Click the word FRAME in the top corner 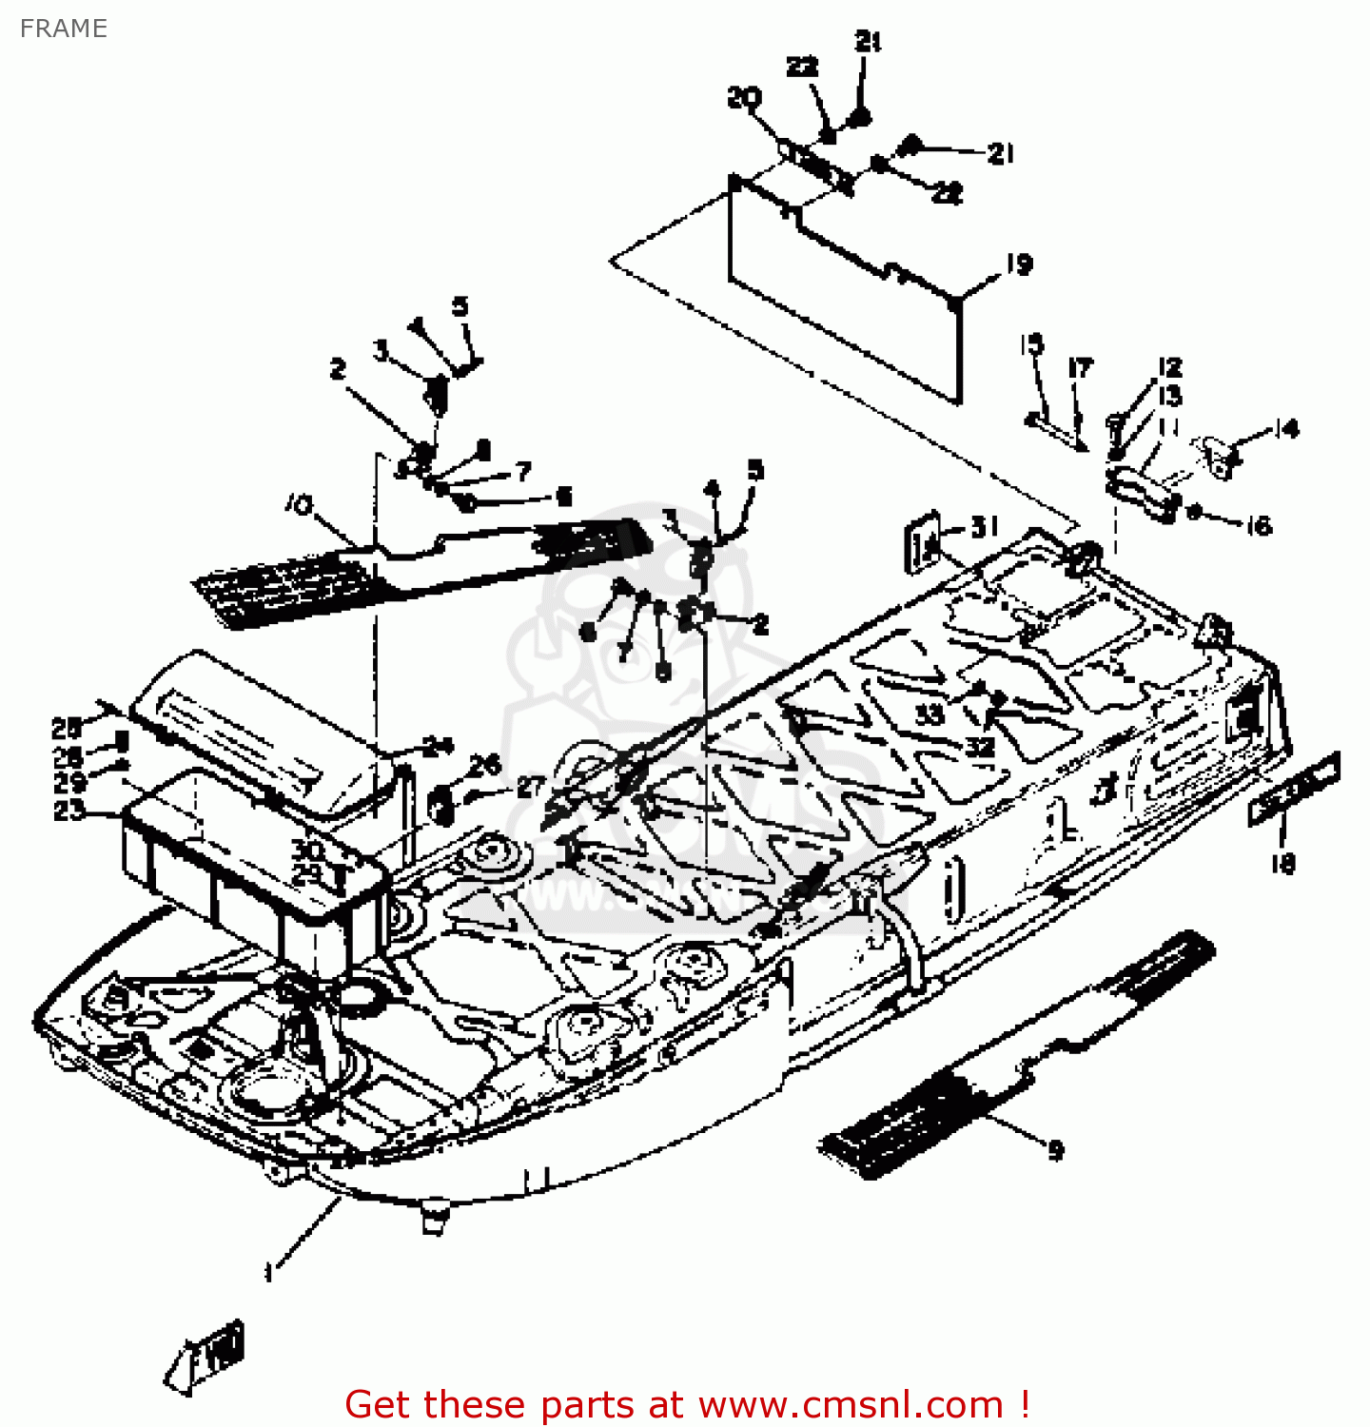(x=64, y=29)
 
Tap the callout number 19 (x=1019, y=264)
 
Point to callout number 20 (x=744, y=97)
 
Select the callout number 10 (x=299, y=504)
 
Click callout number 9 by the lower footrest (x=1056, y=1150)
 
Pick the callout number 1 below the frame (x=269, y=1271)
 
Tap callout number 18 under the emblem (x=1283, y=863)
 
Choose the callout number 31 (x=985, y=526)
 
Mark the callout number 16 (x=1259, y=525)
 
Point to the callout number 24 (x=438, y=747)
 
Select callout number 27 (x=530, y=787)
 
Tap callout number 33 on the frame (x=930, y=713)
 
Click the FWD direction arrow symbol (x=207, y=1355)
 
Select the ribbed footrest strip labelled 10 (x=419, y=566)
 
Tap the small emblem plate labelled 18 (x=1294, y=790)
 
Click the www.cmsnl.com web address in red (x=851, y=1405)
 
